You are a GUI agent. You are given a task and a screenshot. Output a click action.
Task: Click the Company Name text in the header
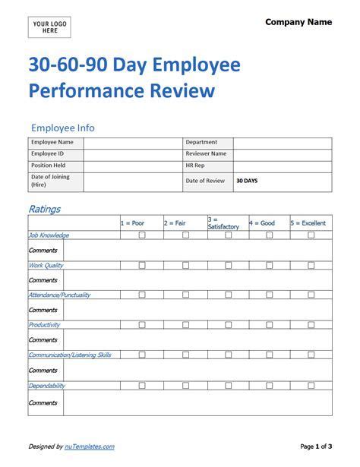coord(298,23)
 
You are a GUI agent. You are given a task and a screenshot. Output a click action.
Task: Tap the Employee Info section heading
coord(62,128)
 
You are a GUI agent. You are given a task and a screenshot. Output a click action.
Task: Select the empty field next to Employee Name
coord(132,143)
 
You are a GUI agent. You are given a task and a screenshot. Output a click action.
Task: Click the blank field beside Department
coord(282,143)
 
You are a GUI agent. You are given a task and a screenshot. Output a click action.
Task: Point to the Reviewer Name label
coord(206,154)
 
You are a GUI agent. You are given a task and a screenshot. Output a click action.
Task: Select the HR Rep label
coord(196,166)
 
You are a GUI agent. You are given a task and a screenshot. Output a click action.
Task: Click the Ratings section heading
coord(44,208)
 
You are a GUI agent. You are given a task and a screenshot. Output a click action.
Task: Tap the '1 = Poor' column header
coord(132,223)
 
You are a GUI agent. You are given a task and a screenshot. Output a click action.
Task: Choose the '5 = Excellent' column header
coord(308,223)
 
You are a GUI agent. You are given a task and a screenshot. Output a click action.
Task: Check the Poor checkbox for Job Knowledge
coord(141,235)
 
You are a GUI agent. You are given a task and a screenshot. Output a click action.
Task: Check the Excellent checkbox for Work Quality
coord(311,266)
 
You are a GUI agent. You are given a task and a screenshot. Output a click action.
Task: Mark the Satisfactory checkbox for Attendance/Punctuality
coord(228,295)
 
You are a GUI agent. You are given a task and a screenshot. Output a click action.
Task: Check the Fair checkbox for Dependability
coord(185,386)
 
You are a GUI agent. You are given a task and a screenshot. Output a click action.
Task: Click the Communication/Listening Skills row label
coord(69,355)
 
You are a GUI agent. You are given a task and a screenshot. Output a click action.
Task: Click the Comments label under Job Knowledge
coord(43,250)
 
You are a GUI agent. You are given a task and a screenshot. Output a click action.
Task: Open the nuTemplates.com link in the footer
coord(93,446)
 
